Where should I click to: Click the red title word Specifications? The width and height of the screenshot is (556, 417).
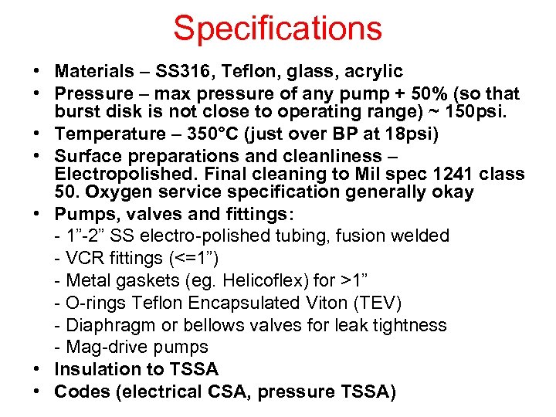pos(277,29)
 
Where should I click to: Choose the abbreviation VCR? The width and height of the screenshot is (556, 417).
pos(85,257)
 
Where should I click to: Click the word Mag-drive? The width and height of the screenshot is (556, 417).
pos(105,347)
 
